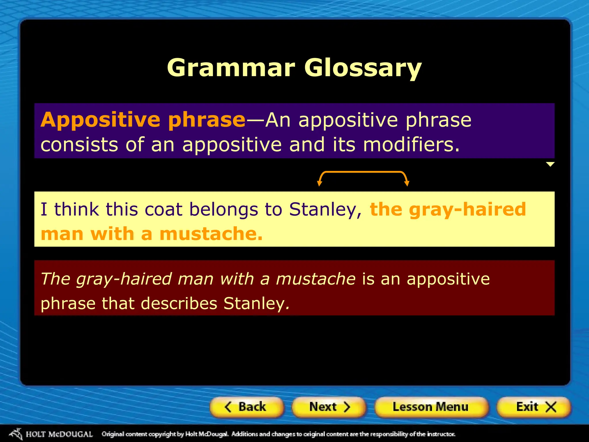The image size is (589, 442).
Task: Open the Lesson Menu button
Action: coord(431,407)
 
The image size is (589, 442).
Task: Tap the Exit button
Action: coord(534,407)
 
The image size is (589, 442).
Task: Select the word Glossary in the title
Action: coord(363,68)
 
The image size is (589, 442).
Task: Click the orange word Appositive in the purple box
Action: coord(100,120)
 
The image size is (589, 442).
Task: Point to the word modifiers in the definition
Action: coord(411,145)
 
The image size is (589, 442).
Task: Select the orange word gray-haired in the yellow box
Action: coord(467,210)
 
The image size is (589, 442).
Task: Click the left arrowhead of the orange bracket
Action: coord(319,183)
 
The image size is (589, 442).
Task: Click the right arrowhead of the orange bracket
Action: coord(407,183)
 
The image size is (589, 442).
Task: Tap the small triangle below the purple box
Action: coord(550,164)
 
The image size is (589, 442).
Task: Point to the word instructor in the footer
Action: coord(441,434)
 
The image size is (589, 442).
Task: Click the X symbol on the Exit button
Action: coord(551,407)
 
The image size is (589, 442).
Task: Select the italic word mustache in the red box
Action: coord(315,279)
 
